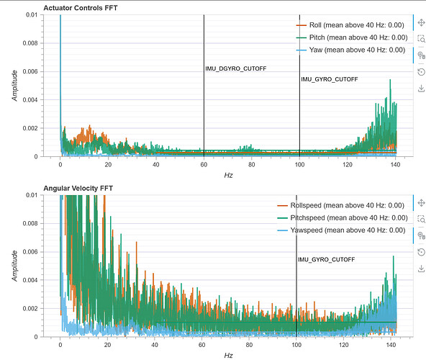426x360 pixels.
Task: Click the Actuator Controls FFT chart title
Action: point(81,8)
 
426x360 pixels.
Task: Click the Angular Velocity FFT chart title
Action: point(78,188)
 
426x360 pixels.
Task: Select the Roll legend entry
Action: point(350,25)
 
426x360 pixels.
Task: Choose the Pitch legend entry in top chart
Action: point(352,37)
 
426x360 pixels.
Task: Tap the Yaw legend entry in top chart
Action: point(350,50)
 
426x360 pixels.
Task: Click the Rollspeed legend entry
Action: point(340,205)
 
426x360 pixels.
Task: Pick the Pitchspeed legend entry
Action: point(343,217)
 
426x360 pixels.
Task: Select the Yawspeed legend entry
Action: point(341,230)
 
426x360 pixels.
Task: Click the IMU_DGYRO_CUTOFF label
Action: point(236,68)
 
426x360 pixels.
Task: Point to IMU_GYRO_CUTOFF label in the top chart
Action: point(330,79)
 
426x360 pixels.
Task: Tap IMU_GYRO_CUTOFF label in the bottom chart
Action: point(326,260)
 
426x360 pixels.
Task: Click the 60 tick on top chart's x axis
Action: point(204,164)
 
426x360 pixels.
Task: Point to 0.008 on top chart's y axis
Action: point(30,43)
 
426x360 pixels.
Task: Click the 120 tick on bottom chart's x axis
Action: point(344,345)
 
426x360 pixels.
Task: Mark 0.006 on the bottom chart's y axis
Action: point(30,252)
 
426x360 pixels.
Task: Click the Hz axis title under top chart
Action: point(229,175)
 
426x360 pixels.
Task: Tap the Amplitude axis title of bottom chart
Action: point(14,266)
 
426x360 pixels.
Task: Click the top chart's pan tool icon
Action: point(421,22)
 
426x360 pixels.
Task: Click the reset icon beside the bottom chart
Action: point(421,252)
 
